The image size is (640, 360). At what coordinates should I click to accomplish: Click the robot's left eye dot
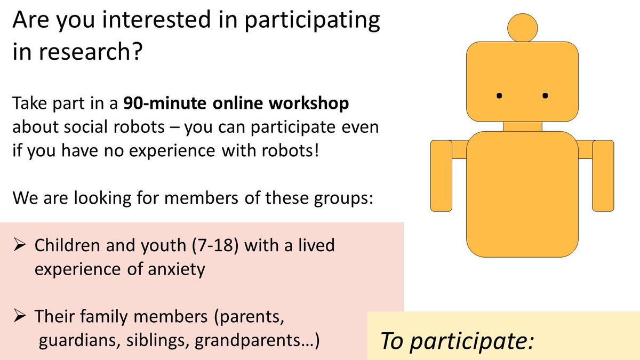[499, 96]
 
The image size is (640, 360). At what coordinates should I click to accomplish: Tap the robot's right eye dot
[545, 96]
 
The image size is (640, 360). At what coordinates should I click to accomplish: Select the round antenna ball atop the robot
[522, 27]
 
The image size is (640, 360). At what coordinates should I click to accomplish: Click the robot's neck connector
[522, 126]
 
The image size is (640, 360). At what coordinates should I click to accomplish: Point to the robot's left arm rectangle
[441, 175]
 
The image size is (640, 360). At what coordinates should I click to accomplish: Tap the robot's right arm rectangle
[603, 175]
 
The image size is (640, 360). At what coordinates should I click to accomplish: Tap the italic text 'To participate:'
[457, 340]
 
